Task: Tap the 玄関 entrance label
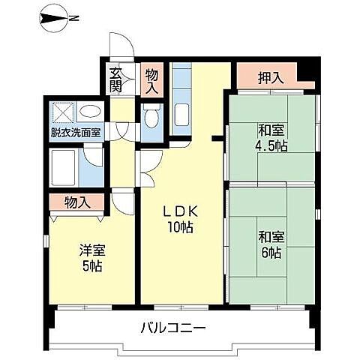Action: click(x=116, y=79)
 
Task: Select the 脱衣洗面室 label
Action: click(x=76, y=133)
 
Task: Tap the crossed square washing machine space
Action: click(x=63, y=113)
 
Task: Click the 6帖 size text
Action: click(x=271, y=253)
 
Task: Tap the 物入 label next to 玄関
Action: click(x=152, y=81)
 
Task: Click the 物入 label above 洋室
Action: click(x=77, y=202)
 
